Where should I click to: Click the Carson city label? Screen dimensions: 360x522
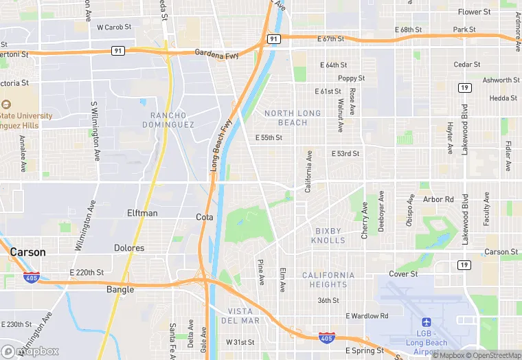[28, 252]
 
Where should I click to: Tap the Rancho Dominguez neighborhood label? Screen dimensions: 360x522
[168, 120]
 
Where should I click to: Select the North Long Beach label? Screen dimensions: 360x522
[293, 117]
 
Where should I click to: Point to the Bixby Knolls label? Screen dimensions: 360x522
[330, 236]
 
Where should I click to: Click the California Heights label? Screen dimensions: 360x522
[328, 280]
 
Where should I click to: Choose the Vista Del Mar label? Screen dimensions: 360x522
[240, 316]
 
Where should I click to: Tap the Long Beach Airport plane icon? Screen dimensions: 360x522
[426, 322]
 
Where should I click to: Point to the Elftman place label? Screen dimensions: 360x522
[142, 213]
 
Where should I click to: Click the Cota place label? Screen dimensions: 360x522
[205, 216]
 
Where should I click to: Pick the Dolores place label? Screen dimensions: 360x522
[129, 248]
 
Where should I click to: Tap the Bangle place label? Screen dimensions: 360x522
[120, 290]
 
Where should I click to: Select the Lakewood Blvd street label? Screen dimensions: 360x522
[465, 129]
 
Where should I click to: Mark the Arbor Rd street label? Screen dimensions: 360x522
[438, 199]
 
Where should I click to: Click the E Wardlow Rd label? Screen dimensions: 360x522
[367, 316]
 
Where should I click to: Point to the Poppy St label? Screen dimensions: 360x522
[351, 78]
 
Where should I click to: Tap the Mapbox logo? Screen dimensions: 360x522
[30, 351]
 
